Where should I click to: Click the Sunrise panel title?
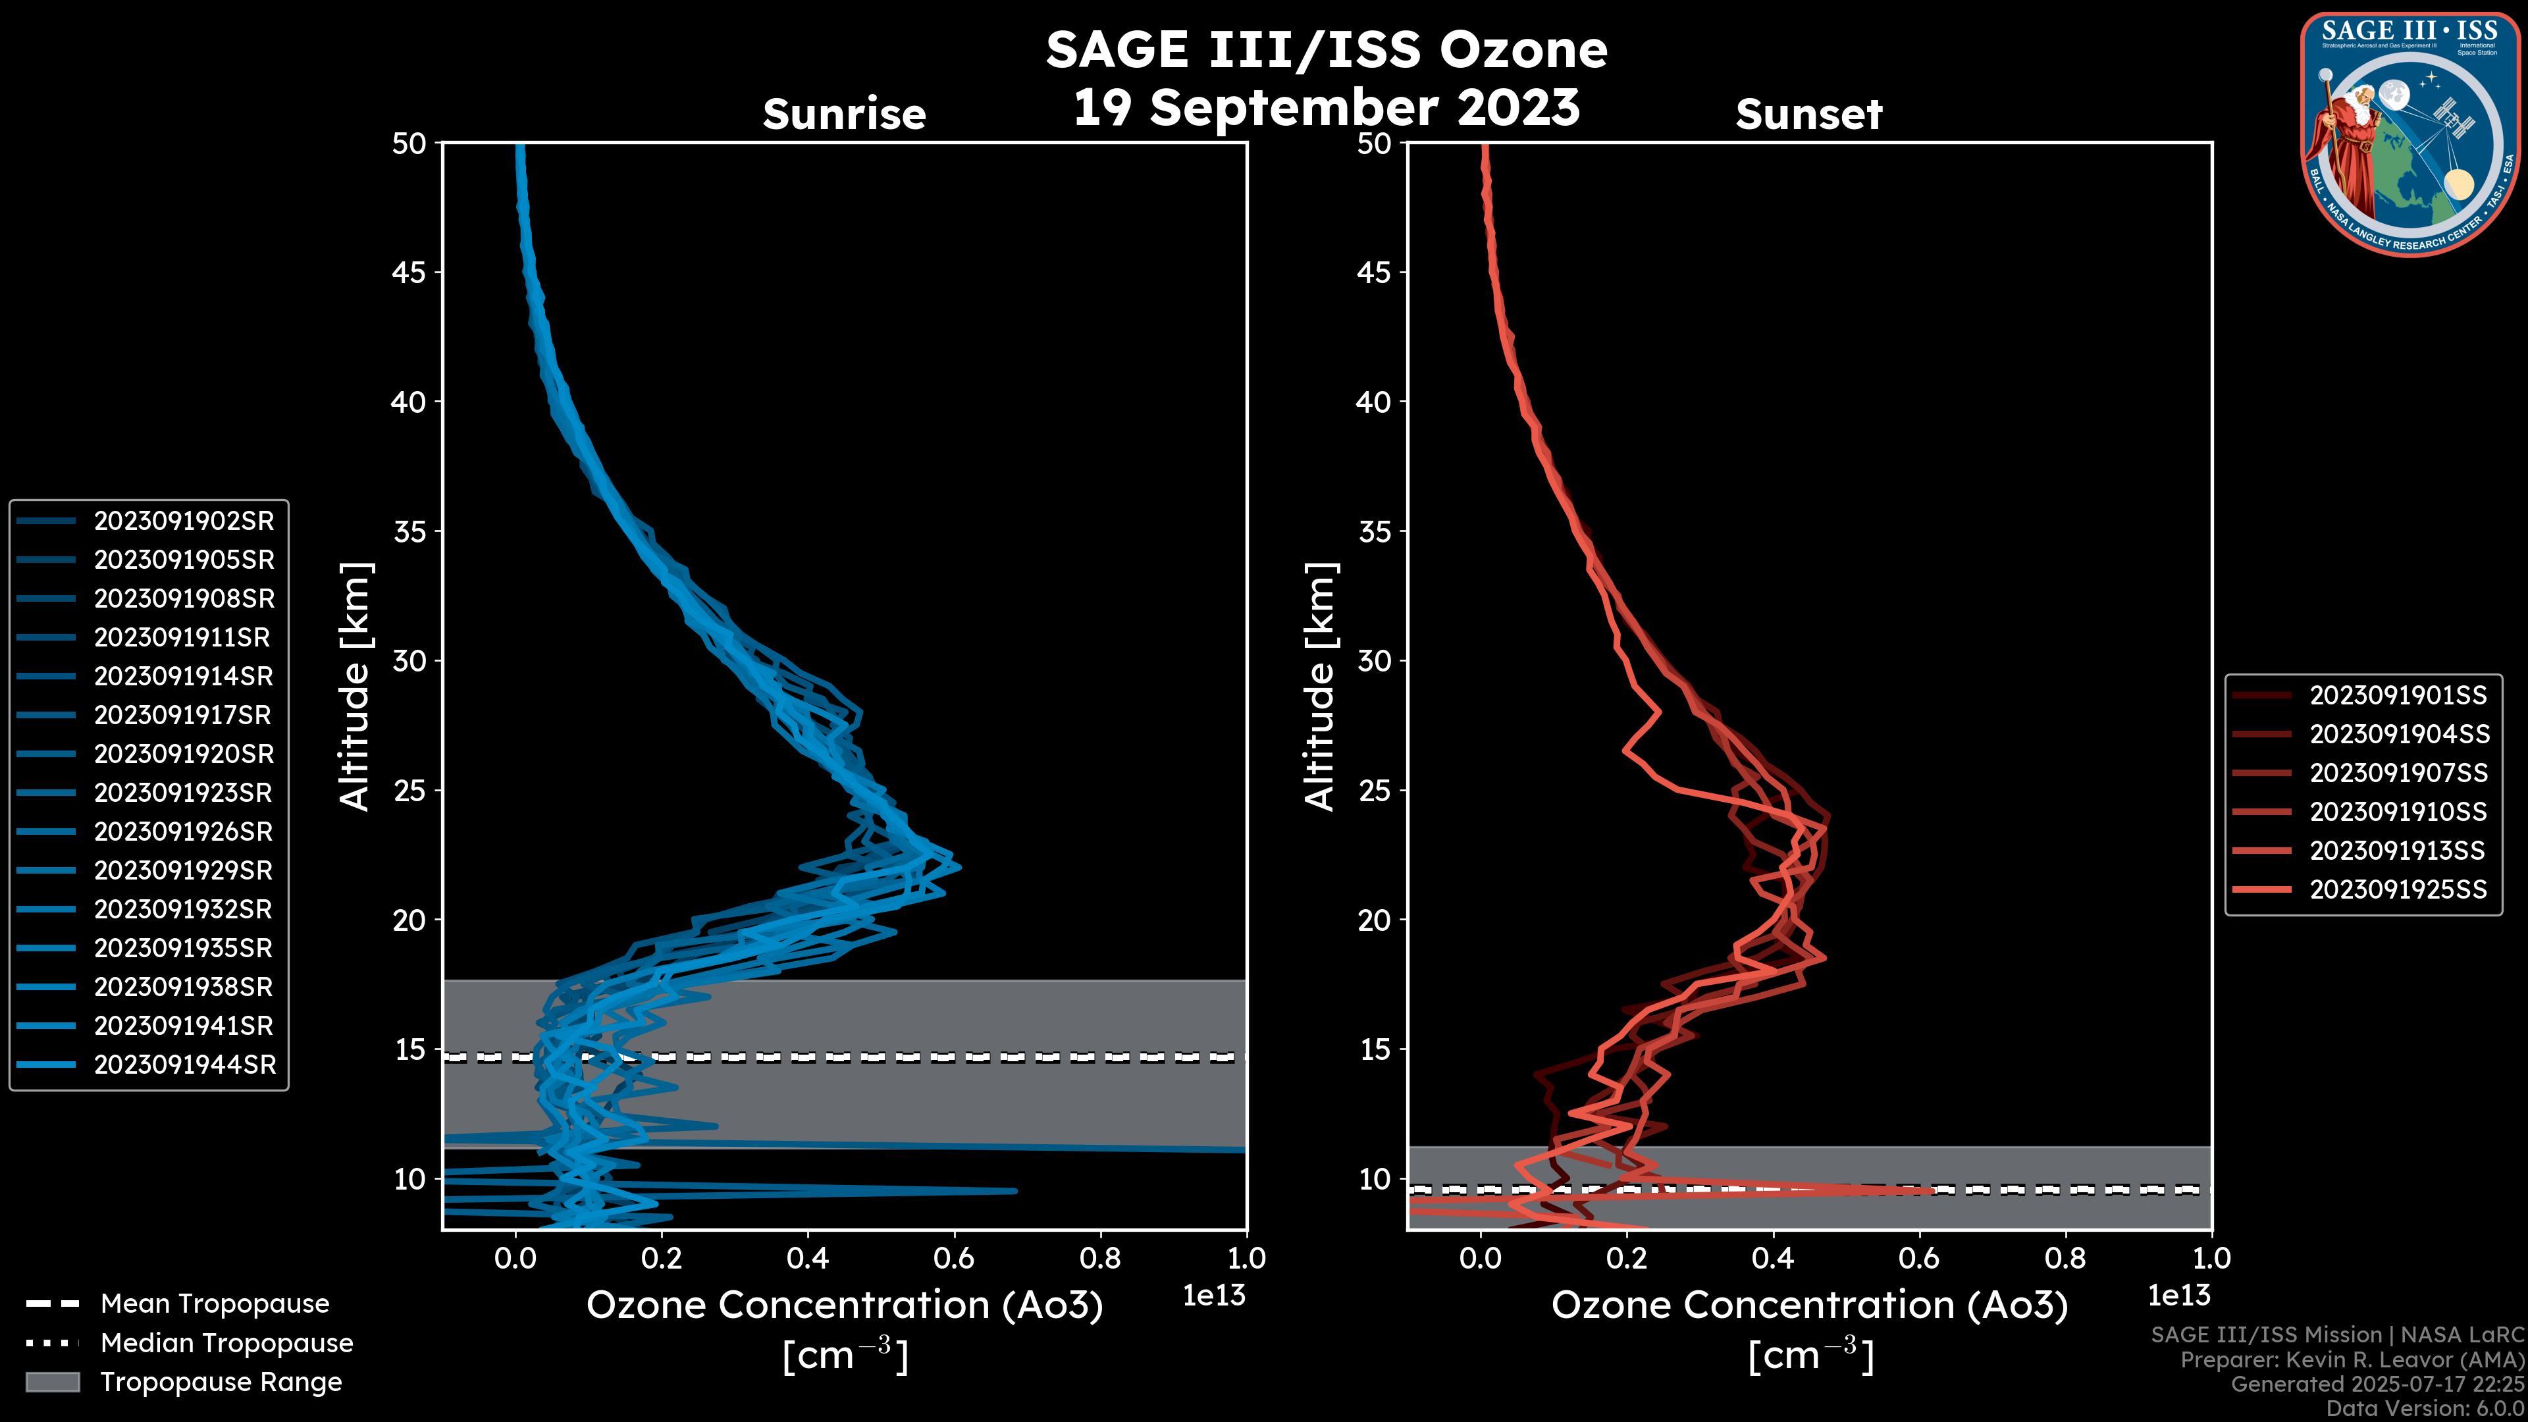point(844,115)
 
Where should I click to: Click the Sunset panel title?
point(1808,115)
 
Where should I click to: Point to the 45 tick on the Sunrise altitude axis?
point(409,273)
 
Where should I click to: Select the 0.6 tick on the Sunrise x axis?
point(954,1258)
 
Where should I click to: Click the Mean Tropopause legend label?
point(215,1304)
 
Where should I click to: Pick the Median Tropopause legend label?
point(226,1344)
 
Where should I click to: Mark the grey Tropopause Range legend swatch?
point(52,1382)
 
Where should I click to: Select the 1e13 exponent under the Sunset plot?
point(2178,1296)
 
